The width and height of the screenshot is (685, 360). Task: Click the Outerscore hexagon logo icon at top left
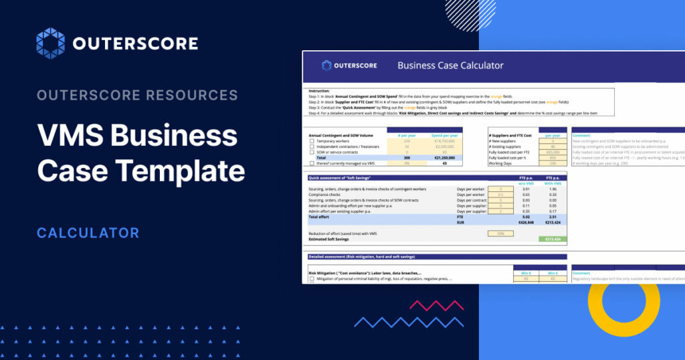click(50, 43)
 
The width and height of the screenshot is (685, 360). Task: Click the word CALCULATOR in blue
click(88, 233)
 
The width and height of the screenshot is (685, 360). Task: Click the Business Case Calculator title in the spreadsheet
click(450, 66)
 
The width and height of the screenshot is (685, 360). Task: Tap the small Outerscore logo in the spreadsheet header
click(349, 66)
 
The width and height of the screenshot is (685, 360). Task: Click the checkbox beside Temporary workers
click(312, 141)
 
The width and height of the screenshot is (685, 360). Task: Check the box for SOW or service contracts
click(312, 152)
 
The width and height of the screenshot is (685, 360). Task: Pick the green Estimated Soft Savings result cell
click(552, 239)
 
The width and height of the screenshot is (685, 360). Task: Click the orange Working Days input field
click(552, 163)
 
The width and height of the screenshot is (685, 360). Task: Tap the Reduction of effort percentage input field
click(500, 233)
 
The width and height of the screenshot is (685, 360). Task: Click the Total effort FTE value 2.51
click(552, 216)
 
